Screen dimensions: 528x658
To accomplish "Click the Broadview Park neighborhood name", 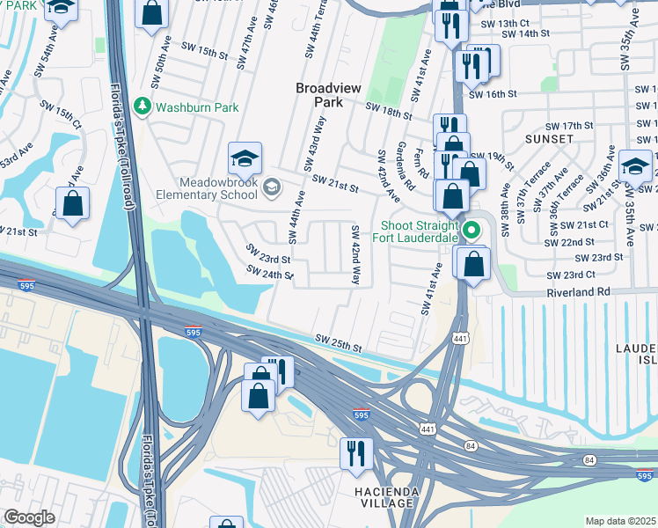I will [x=326, y=95].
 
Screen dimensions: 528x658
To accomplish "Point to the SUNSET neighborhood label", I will [x=550, y=139].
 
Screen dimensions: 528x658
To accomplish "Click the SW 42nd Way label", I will [x=356, y=255].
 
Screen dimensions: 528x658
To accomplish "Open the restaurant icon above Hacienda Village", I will [x=356, y=455].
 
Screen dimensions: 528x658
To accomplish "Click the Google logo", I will [x=29, y=517].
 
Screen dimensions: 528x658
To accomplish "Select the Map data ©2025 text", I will [x=619, y=521].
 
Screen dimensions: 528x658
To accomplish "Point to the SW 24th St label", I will [x=270, y=274].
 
